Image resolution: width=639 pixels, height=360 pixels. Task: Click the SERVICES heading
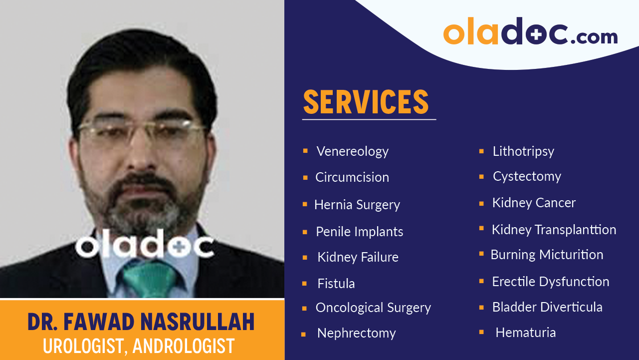(366, 102)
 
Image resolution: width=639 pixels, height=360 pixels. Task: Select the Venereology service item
(352, 151)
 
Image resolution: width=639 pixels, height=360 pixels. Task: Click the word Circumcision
(352, 177)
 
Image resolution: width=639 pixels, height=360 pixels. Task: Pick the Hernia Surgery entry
(357, 205)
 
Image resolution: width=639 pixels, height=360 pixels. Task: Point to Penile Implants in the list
(359, 232)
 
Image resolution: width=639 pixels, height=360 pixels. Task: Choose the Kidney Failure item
(358, 257)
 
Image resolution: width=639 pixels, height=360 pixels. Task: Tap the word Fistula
(336, 284)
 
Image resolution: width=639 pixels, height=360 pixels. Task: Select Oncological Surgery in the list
(373, 308)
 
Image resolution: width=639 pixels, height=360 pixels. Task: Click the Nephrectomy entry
(356, 333)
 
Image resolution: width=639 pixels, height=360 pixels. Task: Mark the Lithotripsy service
(523, 151)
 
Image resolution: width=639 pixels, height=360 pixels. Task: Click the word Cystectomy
(526, 176)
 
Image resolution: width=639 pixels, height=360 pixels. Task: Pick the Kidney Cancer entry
(533, 203)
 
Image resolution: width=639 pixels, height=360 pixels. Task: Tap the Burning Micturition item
(547, 255)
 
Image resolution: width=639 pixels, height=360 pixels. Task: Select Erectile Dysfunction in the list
(550, 282)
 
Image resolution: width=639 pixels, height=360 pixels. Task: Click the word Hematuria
(525, 333)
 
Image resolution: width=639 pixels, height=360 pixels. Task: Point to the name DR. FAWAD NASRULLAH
(141, 323)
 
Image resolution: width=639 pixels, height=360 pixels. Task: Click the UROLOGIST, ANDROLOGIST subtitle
(139, 346)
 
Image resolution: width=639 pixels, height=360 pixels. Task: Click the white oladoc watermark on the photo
(145, 246)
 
